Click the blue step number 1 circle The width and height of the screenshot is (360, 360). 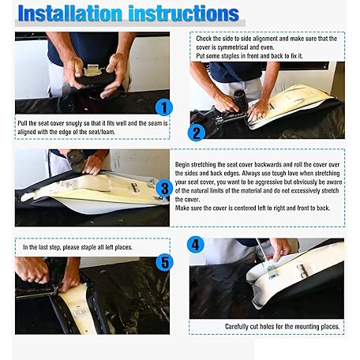(163, 107)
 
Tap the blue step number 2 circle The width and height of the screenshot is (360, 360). (197, 133)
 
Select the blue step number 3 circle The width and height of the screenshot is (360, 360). (164, 189)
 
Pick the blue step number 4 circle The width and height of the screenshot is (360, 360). (196, 245)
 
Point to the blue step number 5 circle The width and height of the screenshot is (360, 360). (164, 262)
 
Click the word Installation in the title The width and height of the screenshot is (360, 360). (70, 13)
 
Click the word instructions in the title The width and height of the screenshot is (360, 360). (184, 13)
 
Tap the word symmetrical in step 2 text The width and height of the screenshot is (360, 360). (233, 47)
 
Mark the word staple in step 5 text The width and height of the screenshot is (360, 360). (88, 247)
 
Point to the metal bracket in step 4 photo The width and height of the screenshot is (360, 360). (272, 272)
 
